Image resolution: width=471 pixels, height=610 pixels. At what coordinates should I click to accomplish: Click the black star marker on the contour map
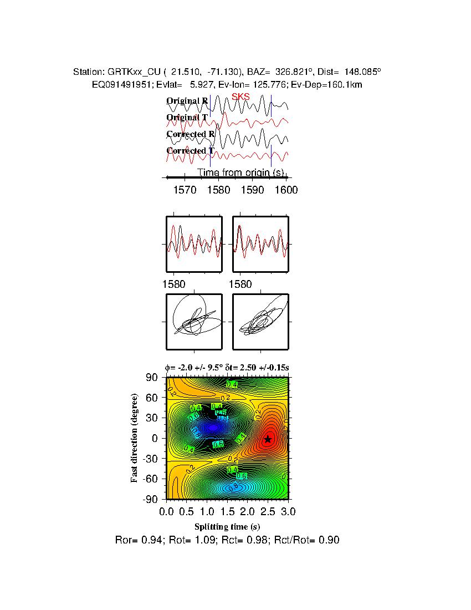(268, 439)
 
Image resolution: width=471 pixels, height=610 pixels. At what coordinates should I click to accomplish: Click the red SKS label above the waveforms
(240, 97)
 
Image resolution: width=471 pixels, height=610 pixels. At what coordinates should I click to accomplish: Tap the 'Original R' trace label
(187, 101)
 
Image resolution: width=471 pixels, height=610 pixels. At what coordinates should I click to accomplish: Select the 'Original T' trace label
(187, 118)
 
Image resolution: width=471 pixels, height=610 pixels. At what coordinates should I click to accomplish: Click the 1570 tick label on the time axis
(185, 190)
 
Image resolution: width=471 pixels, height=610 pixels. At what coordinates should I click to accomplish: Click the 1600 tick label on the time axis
(286, 190)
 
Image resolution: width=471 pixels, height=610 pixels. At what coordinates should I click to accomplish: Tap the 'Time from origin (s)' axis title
(240, 172)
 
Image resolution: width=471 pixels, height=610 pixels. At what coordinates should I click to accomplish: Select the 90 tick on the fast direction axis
(153, 378)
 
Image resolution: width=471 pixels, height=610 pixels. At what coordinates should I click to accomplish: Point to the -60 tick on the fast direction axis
(150, 479)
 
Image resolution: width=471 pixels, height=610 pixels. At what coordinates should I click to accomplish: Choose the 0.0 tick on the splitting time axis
(167, 511)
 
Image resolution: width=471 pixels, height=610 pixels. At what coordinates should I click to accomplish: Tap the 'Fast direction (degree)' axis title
(135, 438)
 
